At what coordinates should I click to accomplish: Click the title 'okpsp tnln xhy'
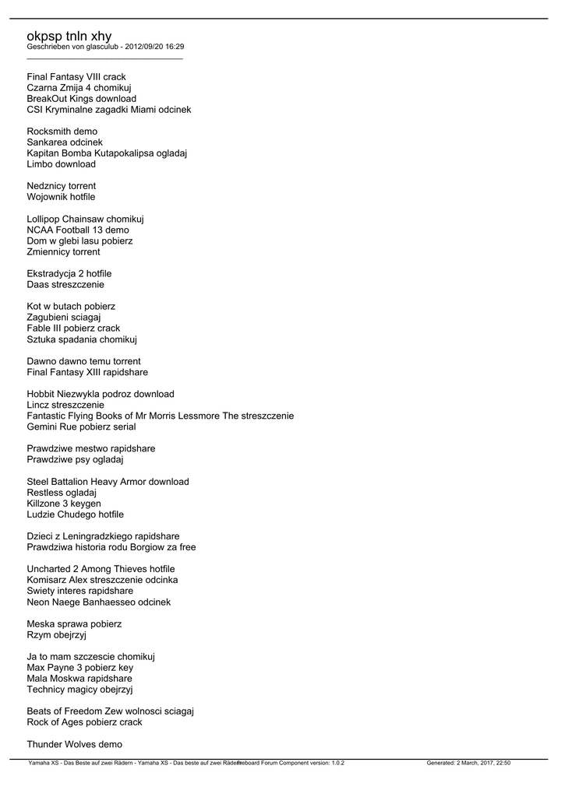click(x=69, y=36)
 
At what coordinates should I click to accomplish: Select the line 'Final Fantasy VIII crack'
click(x=76, y=77)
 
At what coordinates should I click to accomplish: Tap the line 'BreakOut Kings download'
click(x=81, y=99)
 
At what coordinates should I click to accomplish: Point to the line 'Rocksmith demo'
click(x=62, y=132)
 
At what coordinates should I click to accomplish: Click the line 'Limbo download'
click(x=61, y=164)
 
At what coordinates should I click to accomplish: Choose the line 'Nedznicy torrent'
click(x=61, y=186)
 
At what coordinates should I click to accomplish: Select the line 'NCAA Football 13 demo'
click(x=78, y=230)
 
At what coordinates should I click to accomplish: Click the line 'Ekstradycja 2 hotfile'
click(x=69, y=274)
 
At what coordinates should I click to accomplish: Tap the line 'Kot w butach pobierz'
click(x=70, y=307)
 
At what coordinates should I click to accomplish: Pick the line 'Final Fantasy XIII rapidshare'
click(x=87, y=372)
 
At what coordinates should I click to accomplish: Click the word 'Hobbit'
click(x=41, y=394)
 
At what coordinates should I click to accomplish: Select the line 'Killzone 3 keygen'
click(x=64, y=504)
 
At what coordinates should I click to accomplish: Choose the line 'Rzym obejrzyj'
click(x=56, y=635)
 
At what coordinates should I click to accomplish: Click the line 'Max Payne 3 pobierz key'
click(x=79, y=668)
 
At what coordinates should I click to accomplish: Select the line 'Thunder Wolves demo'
click(x=74, y=744)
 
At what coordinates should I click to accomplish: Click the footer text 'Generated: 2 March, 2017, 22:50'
click(x=468, y=764)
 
